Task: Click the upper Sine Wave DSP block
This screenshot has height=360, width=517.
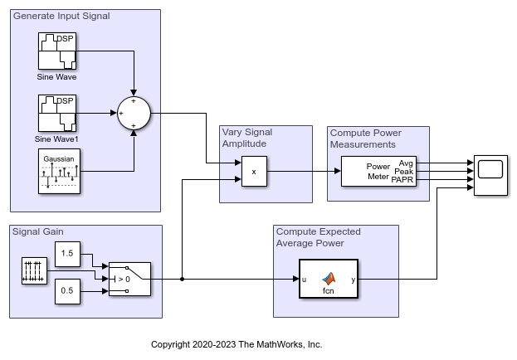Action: [x=56, y=51]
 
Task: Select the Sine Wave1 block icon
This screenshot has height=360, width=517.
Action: [x=56, y=113]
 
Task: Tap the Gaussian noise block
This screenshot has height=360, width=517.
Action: [x=56, y=173]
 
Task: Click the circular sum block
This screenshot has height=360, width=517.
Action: [x=133, y=113]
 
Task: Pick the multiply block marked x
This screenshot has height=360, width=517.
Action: [x=254, y=173]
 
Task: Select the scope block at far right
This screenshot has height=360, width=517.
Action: [x=490, y=173]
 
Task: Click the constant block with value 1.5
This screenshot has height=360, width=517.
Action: [x=68, y=253]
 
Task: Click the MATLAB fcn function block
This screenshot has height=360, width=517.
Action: [x=328, y=280]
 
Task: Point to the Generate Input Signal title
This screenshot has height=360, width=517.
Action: [x=61, y=16]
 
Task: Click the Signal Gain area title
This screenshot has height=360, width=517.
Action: [x=38, y=231]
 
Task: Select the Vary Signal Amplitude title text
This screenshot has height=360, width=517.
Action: [x=247, y=138]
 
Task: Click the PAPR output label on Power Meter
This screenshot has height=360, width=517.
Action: [x=402, y=181]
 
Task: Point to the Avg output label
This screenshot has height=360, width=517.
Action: [x=406, y=163]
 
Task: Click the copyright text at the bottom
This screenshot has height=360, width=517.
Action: [x=237, y=344]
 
